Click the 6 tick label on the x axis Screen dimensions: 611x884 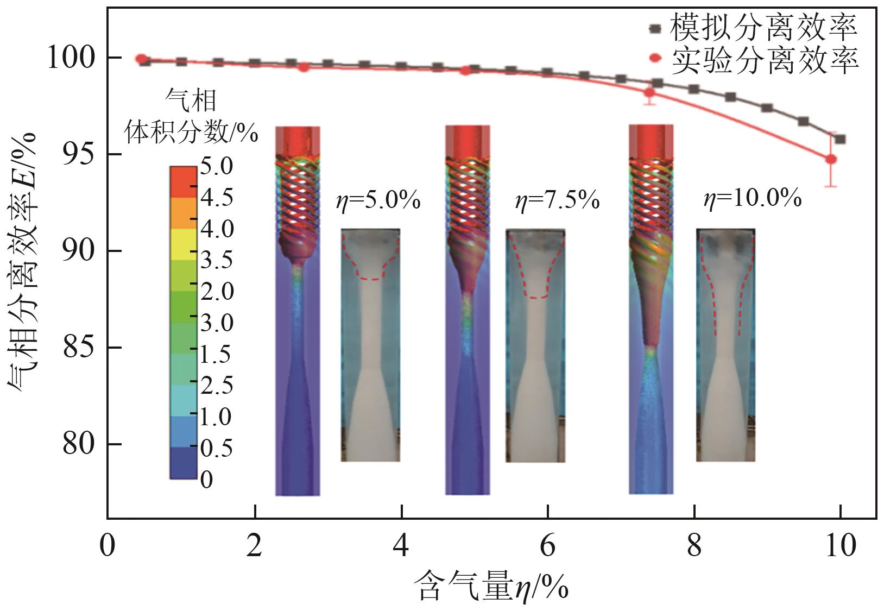547,545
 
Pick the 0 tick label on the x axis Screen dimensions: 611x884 108,545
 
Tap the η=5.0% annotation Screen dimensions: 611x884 378,201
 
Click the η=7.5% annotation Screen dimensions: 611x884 557,201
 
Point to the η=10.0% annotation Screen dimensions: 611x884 752,199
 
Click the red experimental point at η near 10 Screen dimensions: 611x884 831,159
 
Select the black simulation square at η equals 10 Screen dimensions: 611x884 840,139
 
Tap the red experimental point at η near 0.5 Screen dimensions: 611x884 141,59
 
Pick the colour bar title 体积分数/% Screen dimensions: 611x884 191,132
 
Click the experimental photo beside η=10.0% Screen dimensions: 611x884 725,345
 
